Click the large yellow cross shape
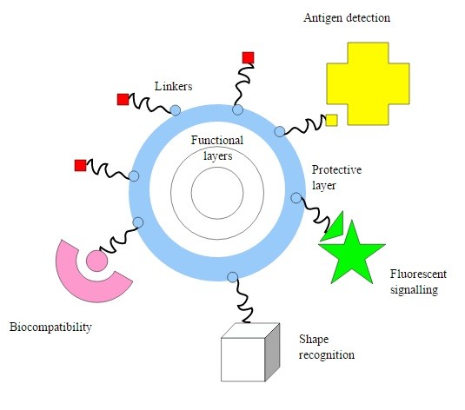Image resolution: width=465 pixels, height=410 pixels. pyautogui.click(x=368, y=83)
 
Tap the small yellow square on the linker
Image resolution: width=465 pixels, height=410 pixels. pyautogui.click(x=331, y=120)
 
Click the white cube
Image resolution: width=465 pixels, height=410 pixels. pyautogui.click(x=250, y=352)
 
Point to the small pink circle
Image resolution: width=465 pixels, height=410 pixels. pyautogui.click(x=96, y=261)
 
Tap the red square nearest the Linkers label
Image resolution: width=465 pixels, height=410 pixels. pyautogui.click(x=123, y=99)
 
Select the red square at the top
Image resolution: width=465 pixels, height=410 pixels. pyautogui.click(x=248, y=58)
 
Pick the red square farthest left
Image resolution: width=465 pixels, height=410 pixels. pyautogui.click(x=80, y=165)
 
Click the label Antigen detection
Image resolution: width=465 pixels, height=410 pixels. pyautogui.click(x=347, y=17)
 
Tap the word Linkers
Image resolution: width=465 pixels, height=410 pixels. pyautogui.click(x=174, y=86)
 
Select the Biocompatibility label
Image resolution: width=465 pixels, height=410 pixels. pyautogui.click(x=50, y=327)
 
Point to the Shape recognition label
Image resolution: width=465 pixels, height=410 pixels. pyautogui.click(x=327, y=347)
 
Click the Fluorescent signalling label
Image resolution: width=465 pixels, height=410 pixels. pyautogui.click(x=418, y=281)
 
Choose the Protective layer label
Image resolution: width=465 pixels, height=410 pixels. pyautogui.click(x=336, y=177)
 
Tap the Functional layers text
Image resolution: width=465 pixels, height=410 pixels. pyautogui.click(x=217, y=148)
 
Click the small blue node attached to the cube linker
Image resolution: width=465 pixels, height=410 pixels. pyautogui.click(x=233, y=277)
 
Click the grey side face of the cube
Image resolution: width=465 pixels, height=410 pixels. pyautogui.click(x=273, y=352)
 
